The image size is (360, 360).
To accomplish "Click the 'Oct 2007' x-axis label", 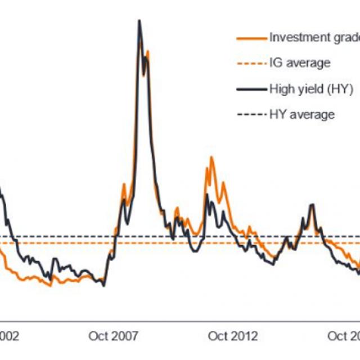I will click(x=113, y=336).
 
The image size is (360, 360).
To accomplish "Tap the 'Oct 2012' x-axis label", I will click(x=233, y=336).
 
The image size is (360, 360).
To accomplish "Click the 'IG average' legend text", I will click(x=300, y=63).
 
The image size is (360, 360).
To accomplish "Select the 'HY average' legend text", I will click(x=302, y=115).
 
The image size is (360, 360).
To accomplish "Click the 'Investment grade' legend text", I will click(x=314, y=38).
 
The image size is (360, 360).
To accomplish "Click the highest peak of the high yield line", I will click(x=139, y=21).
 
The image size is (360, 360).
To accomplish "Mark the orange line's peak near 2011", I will click(x=211, y=157).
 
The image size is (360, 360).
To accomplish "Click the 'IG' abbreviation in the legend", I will click(x=276, y=63).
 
